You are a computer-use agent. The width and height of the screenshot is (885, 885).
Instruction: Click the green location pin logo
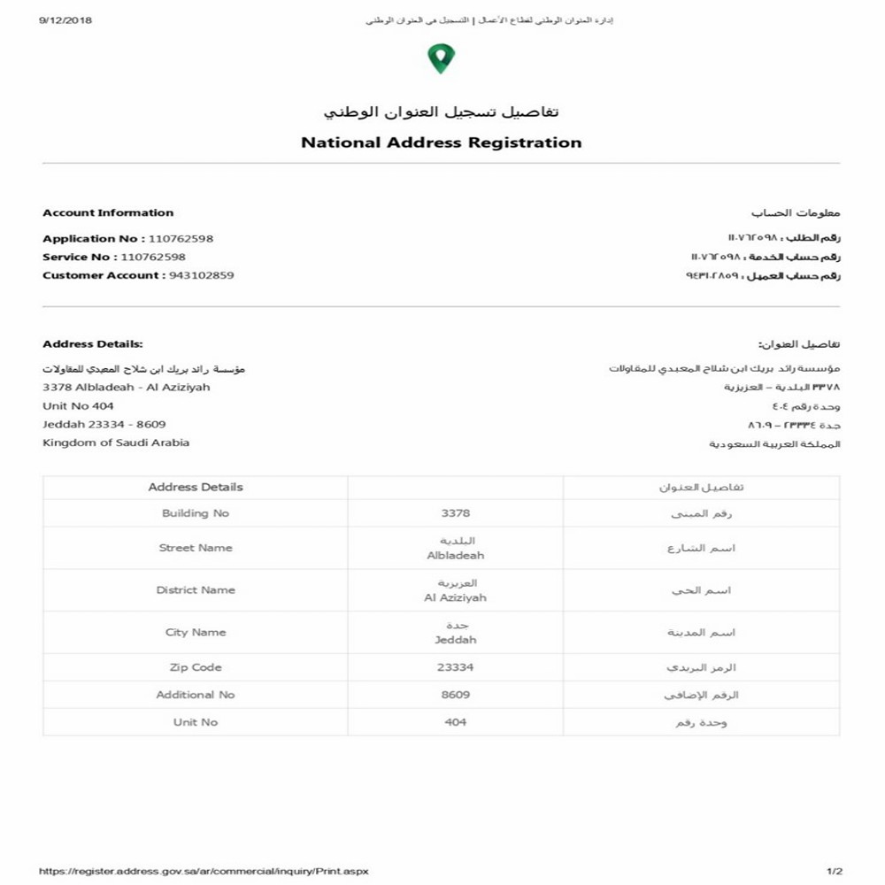point(441,58)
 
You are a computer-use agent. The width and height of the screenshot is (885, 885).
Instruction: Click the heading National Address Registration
point(441,142)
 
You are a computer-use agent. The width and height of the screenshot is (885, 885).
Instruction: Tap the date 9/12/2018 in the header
point(65,19)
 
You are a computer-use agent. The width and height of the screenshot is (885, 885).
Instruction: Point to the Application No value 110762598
point(181,239)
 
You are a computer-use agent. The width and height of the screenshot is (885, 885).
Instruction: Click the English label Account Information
point(108,213)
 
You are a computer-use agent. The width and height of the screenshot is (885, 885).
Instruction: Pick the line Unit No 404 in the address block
point(78,406)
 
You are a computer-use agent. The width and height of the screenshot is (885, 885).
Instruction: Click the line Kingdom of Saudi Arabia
point(116,442)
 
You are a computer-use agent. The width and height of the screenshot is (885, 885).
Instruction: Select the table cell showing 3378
point(455,513)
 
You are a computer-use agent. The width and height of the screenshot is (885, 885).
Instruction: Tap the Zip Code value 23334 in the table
point(455,667)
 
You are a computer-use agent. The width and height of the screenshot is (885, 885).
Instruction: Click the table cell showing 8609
point(455,695)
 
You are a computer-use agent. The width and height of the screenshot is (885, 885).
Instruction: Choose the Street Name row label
point(196,548)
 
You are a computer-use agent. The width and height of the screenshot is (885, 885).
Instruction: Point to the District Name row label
point(196,590)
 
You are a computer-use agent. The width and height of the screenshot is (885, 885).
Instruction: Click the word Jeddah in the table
point(455,640)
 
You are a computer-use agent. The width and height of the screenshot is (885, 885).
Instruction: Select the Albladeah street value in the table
point(455,556)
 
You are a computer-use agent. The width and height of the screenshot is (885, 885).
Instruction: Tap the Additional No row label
point(196,695)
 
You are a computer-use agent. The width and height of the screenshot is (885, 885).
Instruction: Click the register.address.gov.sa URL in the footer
point(204,871)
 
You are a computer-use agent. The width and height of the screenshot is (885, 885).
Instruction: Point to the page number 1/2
point(834,871)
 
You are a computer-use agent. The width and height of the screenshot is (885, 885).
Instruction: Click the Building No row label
point(196,513)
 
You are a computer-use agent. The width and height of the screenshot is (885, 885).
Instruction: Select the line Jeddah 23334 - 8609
point(104,425)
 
